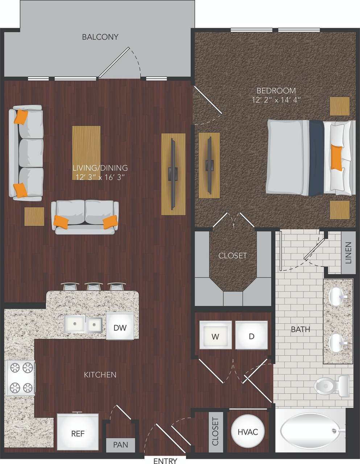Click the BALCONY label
(x=100, y=37)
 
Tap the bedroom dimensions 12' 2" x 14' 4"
(x=276, y=100)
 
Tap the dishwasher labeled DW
(x=120, y=328)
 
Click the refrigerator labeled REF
(x=78, y=434)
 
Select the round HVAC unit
(x=248, y=432)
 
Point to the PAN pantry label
(x=120, y=444)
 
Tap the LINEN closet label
(x=348, y=252)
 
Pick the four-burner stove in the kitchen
(x=20, y=378)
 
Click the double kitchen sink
(x=83, y=324)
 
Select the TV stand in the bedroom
(x=209, y=165)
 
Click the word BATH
(x=301, y=330)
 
